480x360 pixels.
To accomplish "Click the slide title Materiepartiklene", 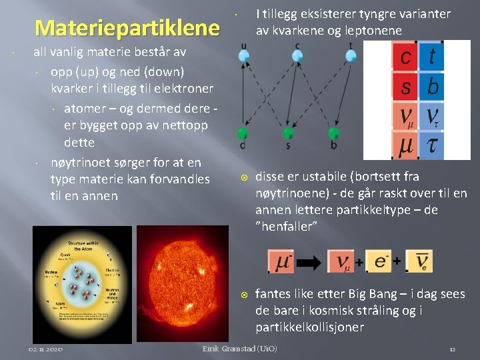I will (x=127, y=28).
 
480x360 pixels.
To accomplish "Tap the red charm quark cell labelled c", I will (x=405, y=57).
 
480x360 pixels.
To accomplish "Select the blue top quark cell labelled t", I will (x=432, y=57).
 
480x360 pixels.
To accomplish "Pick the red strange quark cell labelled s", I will (x=405, y=87).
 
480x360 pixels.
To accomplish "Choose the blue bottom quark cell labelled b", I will (x=432, y=87).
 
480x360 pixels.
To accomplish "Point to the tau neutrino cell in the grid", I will (x=432, y=116).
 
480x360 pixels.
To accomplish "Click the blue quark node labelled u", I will (x=244, y=55).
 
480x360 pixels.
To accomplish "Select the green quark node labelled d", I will (x=243, y=133).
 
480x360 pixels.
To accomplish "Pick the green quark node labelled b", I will (x=333, y=133).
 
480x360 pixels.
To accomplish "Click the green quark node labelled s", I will (x=288, y=133).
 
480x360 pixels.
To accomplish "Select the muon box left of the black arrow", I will (x=280, y=261).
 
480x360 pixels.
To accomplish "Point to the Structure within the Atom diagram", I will (x=82, y=283).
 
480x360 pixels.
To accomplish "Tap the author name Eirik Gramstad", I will (x=239, y=349).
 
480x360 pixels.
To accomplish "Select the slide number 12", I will (x=451, y=349).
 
